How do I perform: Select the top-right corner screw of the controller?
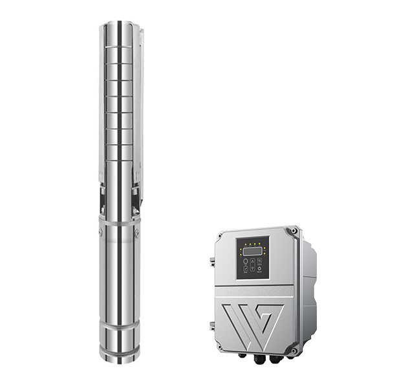pyautogui.click(x=294, y=230)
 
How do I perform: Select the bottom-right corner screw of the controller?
pyautogui.click(x=294, y=350)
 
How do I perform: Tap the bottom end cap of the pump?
pyautogui.click(x=120, y=352)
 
